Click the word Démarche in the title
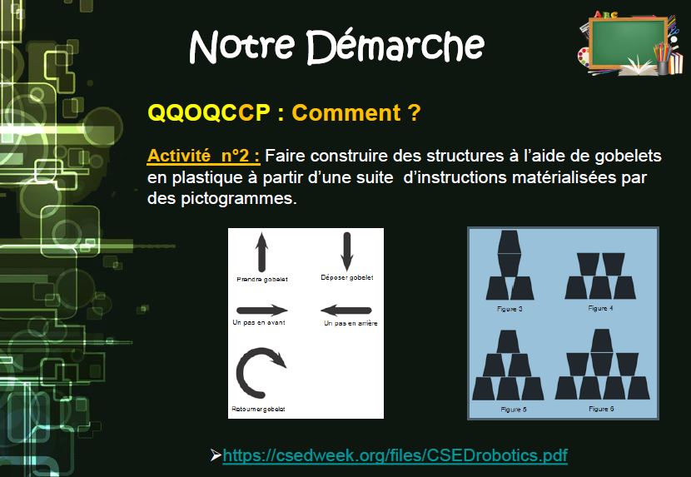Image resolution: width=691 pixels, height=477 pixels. (x=395, y=47)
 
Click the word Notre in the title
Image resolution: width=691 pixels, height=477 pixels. (x=241, y=47)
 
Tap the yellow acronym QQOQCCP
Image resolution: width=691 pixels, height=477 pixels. (x=208, y=113)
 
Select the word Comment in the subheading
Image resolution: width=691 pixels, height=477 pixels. (x=346, y=113)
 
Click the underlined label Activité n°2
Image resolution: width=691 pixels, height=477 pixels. (x=203, y=156)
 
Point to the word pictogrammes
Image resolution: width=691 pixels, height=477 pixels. (x=238, y=199)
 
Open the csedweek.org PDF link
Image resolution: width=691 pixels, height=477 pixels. (x=395, y=455)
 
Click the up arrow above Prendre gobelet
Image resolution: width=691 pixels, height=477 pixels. (x=261, y=252)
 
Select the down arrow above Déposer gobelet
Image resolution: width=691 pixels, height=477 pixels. (x=347, y=251)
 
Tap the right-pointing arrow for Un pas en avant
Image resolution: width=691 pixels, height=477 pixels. (x=261, y=310)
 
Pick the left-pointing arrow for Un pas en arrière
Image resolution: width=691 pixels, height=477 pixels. (x=346, y=311)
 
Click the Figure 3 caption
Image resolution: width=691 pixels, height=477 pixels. (x=510, y=309)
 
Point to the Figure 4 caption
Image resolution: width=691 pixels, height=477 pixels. (x=600, y=308)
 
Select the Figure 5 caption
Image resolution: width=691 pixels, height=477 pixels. (x=514, y=410)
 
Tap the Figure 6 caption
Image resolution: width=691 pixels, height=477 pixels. (x=601, y=409)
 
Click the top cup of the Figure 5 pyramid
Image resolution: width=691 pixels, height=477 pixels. (x=509, y=341)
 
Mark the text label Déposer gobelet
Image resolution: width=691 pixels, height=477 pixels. (x=347, y=278)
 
